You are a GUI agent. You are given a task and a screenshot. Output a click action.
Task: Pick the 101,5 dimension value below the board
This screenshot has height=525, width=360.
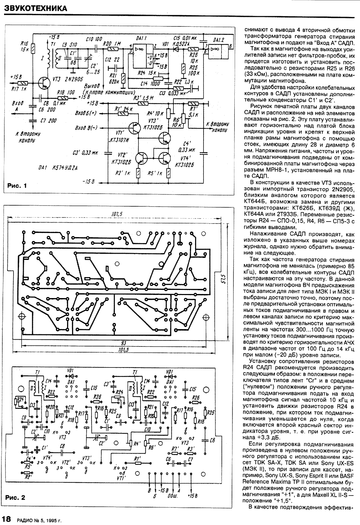pyautogui.click(x=124, y=350)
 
